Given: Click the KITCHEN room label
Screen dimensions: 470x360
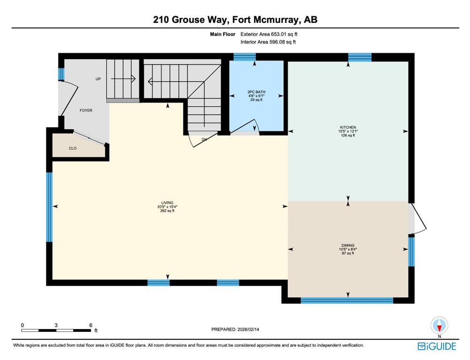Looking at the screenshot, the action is [348, 127].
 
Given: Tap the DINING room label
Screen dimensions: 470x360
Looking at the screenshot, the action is [348, 245].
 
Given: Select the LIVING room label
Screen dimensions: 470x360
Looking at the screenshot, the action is [167, 203].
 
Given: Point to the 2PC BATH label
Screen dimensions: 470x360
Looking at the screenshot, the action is [256, 92].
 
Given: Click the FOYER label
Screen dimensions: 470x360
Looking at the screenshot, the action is [86, 111].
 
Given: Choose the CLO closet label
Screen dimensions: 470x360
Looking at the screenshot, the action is [73, 148].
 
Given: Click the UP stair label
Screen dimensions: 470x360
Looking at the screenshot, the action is [98, 79].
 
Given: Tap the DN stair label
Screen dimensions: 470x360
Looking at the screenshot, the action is [204, 140].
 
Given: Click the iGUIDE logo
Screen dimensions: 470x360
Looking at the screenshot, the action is [437, 346].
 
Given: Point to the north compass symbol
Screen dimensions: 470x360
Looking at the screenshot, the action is [440, 326].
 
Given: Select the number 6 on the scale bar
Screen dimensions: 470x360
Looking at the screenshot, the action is [91, 325].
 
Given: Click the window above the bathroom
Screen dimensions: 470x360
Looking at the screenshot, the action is [244, 57].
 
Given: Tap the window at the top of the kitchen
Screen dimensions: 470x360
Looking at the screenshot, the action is [360, 57].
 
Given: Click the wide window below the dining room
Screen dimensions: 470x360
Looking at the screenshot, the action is [347, 300].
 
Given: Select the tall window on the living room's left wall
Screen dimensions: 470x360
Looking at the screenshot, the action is [49, 207].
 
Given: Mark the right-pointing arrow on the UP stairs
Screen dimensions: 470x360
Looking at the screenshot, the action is [123, 79].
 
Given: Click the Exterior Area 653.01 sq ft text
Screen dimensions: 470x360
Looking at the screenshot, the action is [269, 34].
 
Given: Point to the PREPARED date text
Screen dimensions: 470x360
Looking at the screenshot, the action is [235, 330].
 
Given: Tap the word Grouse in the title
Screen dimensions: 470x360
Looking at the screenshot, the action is [189, 20].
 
